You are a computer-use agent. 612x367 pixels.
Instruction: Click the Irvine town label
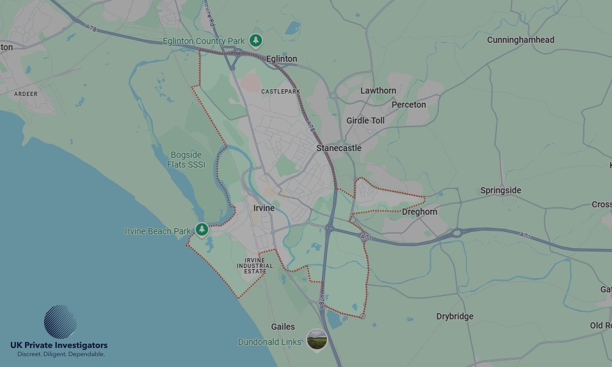264,209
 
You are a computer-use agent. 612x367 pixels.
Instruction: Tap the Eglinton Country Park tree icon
256,41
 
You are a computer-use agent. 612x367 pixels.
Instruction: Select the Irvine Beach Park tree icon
202,230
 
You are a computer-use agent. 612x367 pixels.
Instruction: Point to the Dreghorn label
420,212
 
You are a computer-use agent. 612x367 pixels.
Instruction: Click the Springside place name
501,190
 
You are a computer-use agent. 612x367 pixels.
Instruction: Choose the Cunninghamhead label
521,40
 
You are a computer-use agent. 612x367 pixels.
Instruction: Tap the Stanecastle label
339,148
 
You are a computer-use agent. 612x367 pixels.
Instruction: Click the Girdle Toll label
365,120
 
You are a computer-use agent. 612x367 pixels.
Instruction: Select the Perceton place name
409,105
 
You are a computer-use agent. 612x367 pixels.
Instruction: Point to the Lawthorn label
378,91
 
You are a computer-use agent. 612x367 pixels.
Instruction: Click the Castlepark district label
281,91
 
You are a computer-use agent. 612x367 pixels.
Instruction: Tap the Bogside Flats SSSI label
186,160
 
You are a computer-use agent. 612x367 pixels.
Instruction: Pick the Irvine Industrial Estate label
255,265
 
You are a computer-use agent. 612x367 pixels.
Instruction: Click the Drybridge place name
455,316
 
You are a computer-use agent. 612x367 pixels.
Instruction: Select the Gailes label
283,327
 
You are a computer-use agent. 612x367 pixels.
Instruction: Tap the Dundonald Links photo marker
316,339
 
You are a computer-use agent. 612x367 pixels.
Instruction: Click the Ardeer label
26,94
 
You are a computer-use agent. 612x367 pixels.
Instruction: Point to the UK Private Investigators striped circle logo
61,322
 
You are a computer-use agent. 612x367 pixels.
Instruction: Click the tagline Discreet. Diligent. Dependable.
61,354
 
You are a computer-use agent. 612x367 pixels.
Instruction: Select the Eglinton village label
282,59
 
